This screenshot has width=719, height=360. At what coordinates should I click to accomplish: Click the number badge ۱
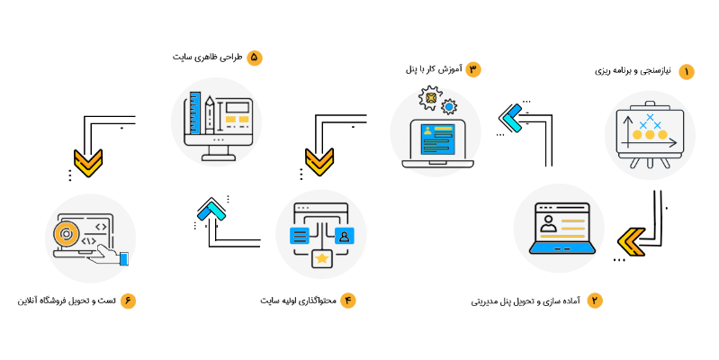tap(687, 72)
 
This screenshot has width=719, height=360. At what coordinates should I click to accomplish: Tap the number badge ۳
tap(473, 69)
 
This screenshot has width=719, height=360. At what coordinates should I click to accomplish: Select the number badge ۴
tap(348, 301)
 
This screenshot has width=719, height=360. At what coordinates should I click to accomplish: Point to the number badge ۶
tap(128, 301)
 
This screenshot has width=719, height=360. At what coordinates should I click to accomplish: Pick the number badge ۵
tap(255, 58)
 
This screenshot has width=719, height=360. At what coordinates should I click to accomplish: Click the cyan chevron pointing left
tap(512, 118)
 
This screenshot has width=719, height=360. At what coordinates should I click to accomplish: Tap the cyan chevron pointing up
tap(211, 211)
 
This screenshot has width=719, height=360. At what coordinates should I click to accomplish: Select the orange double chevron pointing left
tap(631, 241)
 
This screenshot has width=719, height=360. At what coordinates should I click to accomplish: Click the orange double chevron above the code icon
tap(88, 163)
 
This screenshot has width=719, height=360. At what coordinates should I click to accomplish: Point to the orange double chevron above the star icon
tap(319, 162)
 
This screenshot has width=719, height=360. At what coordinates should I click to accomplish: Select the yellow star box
tap(321, 258)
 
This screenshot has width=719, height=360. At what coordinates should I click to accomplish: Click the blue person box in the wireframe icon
tap(344, 236)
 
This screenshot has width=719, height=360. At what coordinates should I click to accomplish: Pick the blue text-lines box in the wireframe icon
tap(300, 236)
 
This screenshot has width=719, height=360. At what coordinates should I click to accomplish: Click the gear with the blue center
tap(449, 106)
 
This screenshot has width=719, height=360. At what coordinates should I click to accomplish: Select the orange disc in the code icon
tap(65, 235)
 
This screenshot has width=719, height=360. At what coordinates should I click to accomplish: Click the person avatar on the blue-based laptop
tap(547, 222)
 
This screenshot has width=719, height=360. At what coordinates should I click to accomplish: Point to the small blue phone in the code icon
tap(124, 259)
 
